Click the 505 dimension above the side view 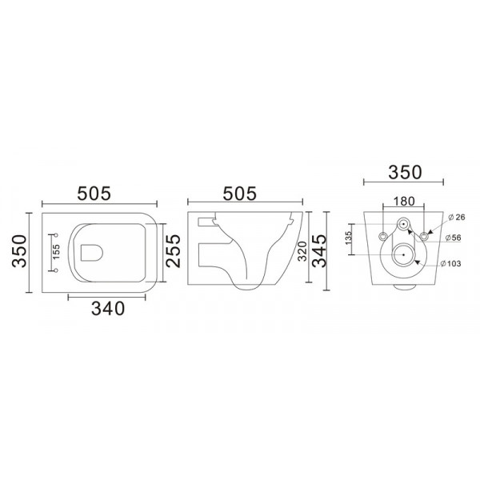[x=239, y=192]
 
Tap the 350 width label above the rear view [x=404, y=171]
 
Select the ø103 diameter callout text [x=454, y=263]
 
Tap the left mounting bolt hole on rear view [x=383, y=234]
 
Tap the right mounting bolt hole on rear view [x=425, y=234]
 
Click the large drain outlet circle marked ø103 [x=405, y=258]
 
